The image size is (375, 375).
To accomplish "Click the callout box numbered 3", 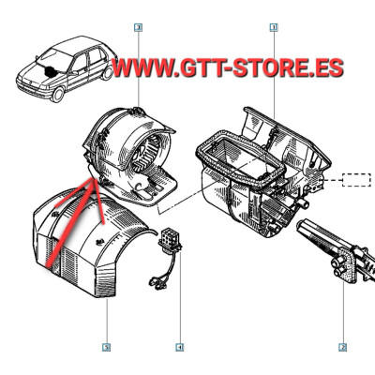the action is (x=138, y=28).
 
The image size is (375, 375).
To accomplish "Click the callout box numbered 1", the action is (x=274, y=28).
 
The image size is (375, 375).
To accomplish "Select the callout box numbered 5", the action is (x=107, y=347).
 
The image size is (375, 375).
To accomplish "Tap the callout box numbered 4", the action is (x=179, y=347).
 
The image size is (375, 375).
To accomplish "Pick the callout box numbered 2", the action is (x=343, y=347).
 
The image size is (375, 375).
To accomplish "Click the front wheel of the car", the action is (x=58, y=94).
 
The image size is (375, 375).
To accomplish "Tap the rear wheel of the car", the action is (x=108, y=73).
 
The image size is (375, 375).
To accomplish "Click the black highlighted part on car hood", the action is (x=50, y=71).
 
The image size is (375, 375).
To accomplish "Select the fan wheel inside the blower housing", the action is (x=147, y=155).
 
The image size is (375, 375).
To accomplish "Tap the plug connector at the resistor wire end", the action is (x=155, y=281).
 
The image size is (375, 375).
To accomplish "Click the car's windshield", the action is (x=52, y=59).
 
